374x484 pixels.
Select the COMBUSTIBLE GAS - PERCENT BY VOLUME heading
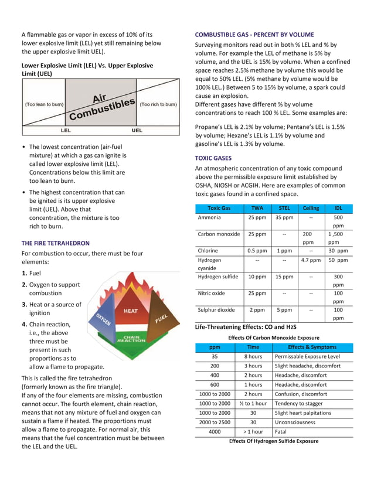click(x=254, y=35)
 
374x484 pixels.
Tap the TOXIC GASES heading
click(x=213, y=158)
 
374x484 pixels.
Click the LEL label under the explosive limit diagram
click(x=66, y=130)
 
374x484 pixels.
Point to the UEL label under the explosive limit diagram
click(x=137, y=130)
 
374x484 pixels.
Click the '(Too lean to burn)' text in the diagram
click(x=44, y=105)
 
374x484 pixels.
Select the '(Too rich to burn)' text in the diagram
click(x=158, y=105)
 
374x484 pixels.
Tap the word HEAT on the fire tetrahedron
click(x=130, y=311)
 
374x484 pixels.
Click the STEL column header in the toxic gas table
click(x=284, y=208)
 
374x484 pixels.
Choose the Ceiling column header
click(x=311, y=208)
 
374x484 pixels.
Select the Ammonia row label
click(x=209, y=217)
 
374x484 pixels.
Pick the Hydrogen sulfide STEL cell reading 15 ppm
click(x=284, y=277)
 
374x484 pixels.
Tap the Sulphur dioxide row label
click(x=216, y=310)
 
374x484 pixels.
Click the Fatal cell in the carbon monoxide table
click(x=282, y=431)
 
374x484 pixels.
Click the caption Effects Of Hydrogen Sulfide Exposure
click(x=274, y=441)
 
